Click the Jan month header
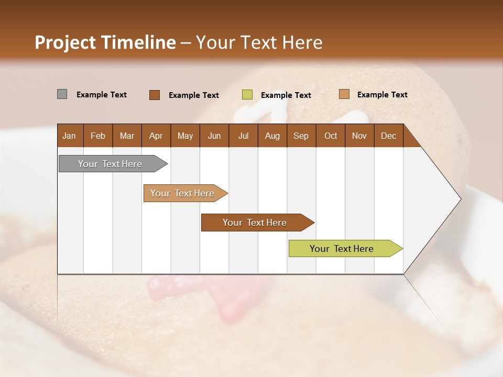[x=69, y=136]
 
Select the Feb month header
[x=98, y=136]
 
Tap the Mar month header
[x=127, y=136]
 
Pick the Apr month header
[x=156, y=136]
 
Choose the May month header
[x=185, y=136]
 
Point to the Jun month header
[x=214, y=136]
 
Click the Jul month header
[x=243, y=136]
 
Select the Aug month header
[x=272, y=136]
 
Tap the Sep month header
[x=301, y=136]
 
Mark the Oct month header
[x=331, y=136]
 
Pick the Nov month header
[x=359, y=136]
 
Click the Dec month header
[x=388, y=136]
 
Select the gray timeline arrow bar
[x=111, y=164]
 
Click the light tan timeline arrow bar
[x=183, y=193]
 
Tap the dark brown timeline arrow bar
[x=255, y=223]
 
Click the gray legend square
[x=62, y=94]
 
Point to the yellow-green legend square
[x=247, y=95]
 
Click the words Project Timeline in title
[x=105, y=42]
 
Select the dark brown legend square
[x=155, y=95]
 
